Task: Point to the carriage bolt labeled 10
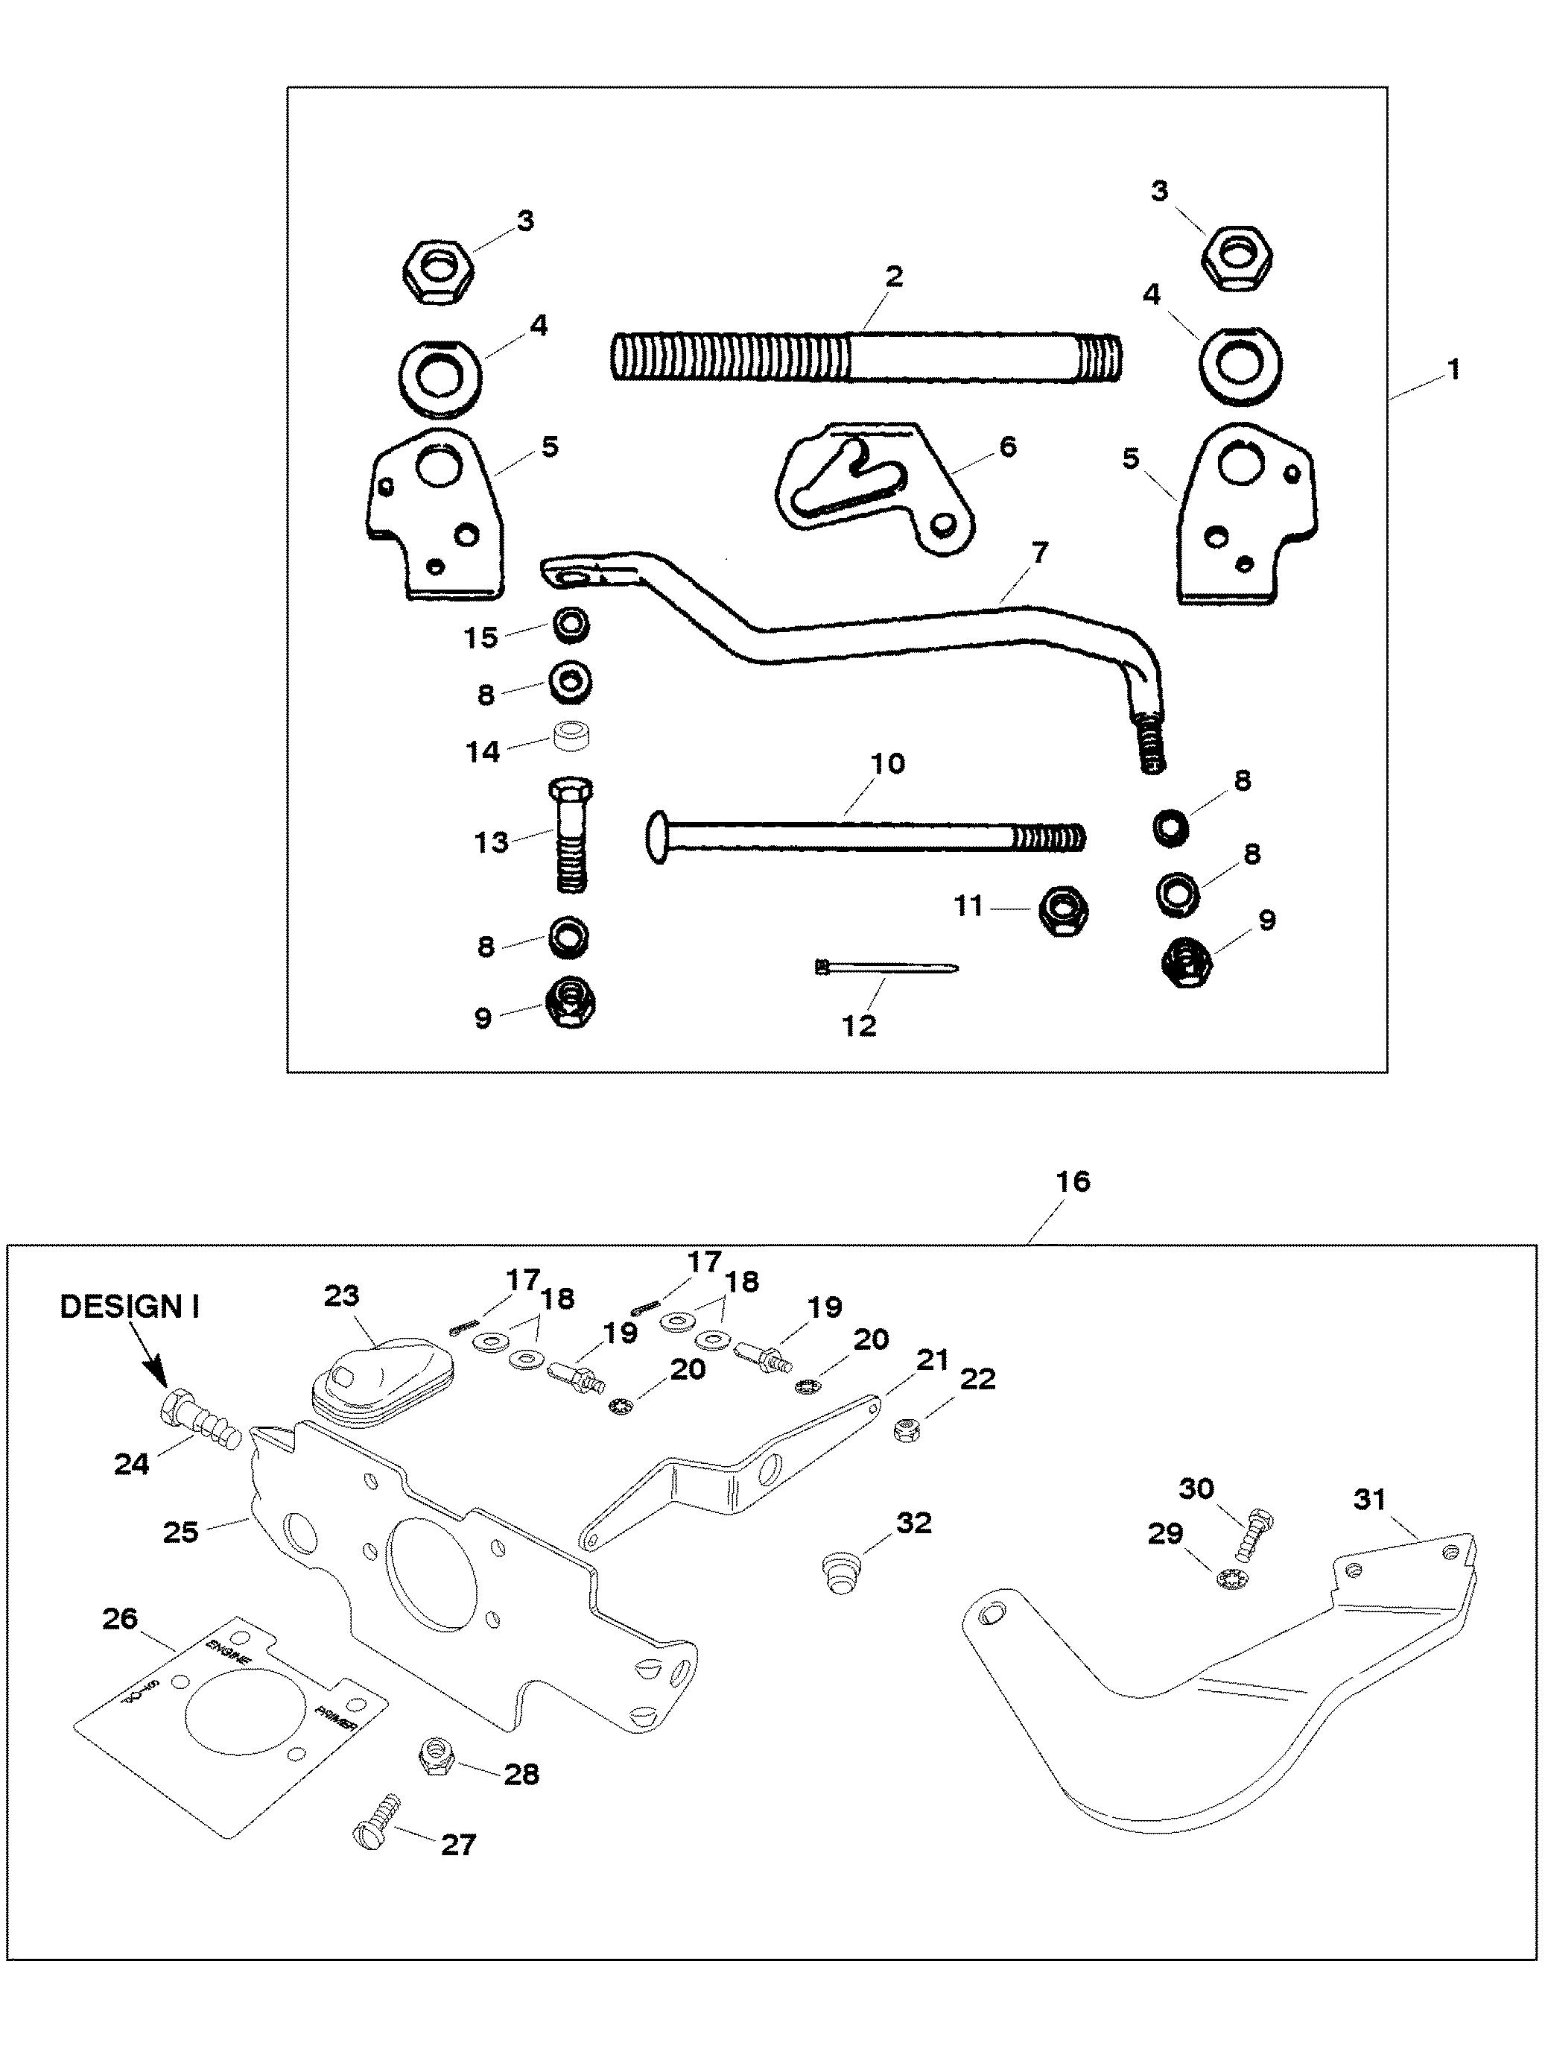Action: point(864,837)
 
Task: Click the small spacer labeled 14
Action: point(572,740)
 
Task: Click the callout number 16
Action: point(1072,1181)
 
